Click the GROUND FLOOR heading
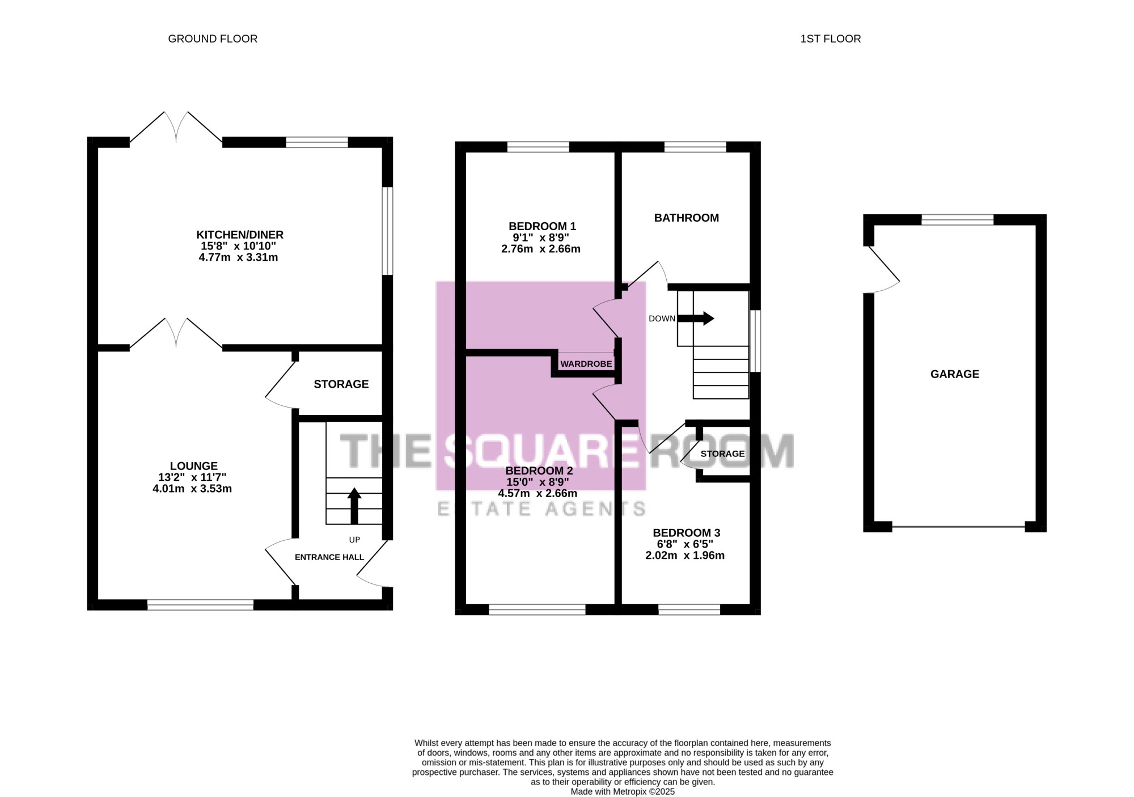coord(213,39)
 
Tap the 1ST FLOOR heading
coord(830,39)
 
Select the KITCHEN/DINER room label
coord(240,235)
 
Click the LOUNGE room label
coord(194,466)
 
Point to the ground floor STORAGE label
coord(341,384)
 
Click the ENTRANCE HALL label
coord(329,557)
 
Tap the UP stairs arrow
coord(354,506)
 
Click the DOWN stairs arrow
coord(696,318)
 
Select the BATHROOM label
coord(687,218)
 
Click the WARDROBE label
coord(586,364)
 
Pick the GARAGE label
coord(955,374)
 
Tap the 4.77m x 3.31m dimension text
coord(238,257)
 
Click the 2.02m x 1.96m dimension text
coord(685,556)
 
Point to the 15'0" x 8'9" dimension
coord(538,482)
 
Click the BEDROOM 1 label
coord(543,226)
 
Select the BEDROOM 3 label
coord(687,533)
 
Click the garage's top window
coord(958,219)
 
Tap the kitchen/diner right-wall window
coord(387,231)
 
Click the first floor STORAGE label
coord(722,453)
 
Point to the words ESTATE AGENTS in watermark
coord(541,509)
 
